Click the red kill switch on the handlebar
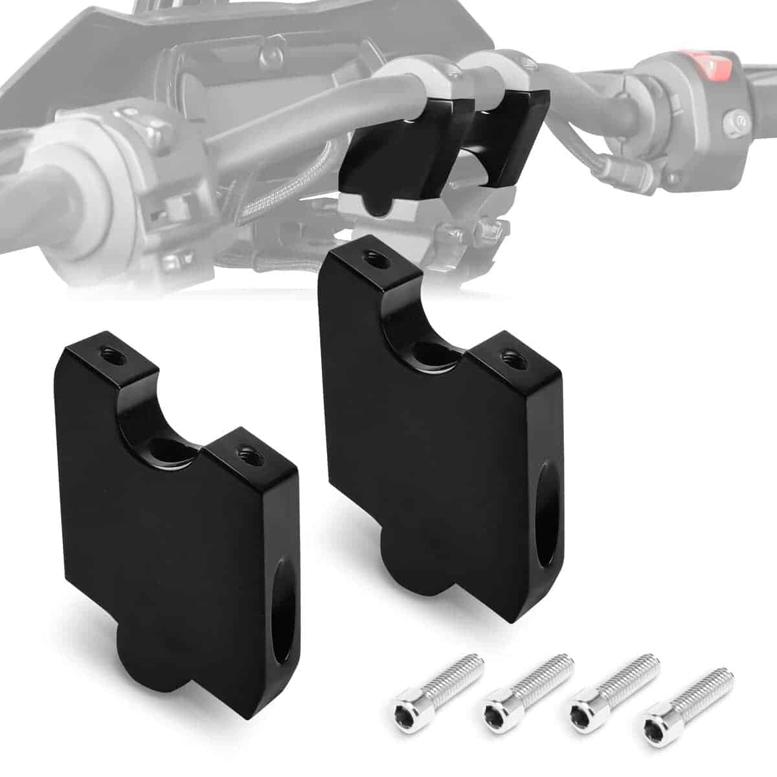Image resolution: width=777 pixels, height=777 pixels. point(715,64)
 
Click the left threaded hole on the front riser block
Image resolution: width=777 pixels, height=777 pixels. point(106,352)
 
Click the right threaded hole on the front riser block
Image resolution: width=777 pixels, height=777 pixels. point(245,451)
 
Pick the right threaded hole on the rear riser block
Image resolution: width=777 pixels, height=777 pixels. point(509,354)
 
